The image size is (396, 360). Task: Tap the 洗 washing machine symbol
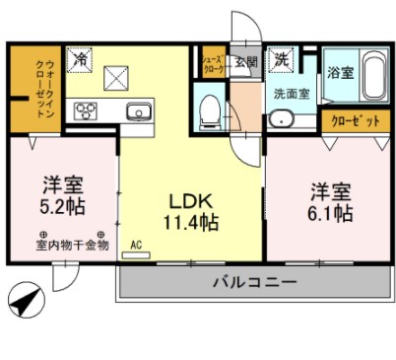[282, 58]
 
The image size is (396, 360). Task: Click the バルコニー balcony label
[254, 284]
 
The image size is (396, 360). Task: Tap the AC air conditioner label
[138, 244]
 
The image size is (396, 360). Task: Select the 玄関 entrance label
[245, 61]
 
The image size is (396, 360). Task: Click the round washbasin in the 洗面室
[282, 122]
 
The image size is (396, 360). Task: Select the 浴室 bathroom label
[340, 72]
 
